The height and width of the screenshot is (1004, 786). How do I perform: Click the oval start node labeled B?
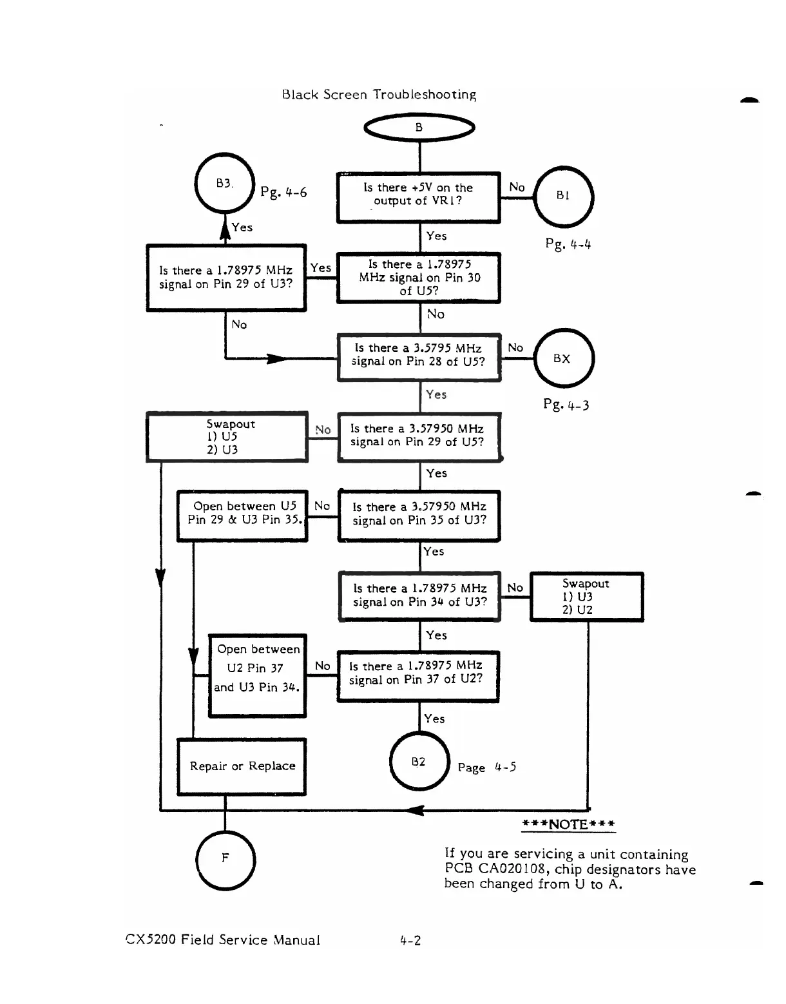pos(419,128)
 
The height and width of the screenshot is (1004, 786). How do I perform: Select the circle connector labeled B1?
pos(564,197)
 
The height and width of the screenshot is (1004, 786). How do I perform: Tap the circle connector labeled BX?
pos(564,358)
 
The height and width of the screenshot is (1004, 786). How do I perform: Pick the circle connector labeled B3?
pos(225,183)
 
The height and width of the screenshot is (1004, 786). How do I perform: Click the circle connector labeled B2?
pos(419,761)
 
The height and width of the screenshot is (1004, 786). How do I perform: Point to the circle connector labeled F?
pos(225,860)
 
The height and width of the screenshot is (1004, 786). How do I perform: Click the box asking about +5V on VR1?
pos(419,198)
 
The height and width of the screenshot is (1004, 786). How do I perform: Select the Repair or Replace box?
pos(242,766)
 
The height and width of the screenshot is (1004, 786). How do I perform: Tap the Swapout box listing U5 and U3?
pos(227,437)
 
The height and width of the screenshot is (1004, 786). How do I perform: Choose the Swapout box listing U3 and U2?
pos(587,597)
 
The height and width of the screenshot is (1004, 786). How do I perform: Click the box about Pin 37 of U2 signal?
pos(418,677)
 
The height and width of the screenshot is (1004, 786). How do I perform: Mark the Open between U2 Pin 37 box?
pos(257,675)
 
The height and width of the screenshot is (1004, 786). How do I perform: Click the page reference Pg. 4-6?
pos(283,192)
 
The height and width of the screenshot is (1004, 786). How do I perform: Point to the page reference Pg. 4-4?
pos(568,244)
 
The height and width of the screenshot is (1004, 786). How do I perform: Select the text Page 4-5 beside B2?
pos(487,767)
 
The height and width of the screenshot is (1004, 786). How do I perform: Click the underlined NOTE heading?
pos(568,824)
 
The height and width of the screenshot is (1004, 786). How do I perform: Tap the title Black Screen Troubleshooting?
pos(379,94)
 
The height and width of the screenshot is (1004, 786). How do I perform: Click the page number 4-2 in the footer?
pos(410,940)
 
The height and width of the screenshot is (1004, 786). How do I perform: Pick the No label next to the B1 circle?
pos(517,187)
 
